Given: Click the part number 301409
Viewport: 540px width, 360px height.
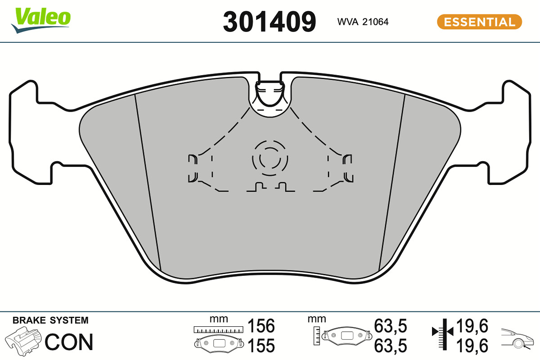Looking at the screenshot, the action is pyautogui.click(x=269, y=22).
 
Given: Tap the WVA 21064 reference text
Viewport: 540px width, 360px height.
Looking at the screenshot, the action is pyautogui.click(x=363, y=22).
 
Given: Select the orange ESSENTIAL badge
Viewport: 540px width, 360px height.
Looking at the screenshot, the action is pyautogui.click(x=480, y=22).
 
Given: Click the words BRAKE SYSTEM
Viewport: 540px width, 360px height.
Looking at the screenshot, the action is pyautogui.click(x=50, y=320).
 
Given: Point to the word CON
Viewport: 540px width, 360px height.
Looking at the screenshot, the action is pyautogui.click(x=69, y=342).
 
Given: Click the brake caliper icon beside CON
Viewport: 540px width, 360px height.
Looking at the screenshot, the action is pyautogui.click(x=23, y=341).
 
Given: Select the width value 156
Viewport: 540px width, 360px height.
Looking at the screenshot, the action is pyautogui.click(x=261, y=326).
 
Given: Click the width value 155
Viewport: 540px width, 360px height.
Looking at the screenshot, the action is pyautogui.click(x=261, y=346).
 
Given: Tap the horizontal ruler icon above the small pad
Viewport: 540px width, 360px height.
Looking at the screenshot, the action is pyautogui.click(x=218, y=329).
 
